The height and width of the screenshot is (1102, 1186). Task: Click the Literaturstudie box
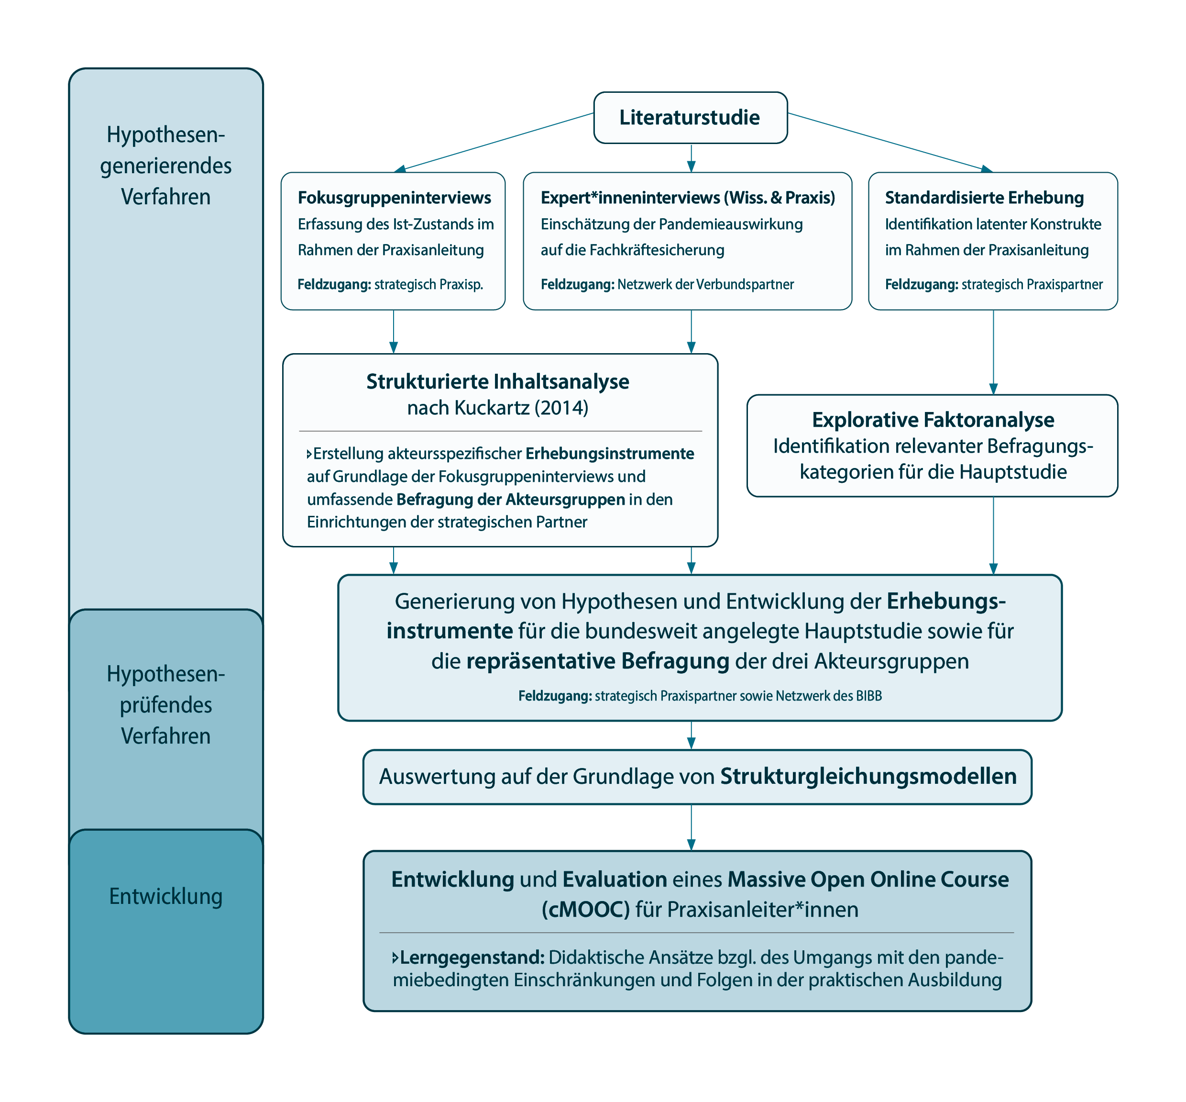[690, 118]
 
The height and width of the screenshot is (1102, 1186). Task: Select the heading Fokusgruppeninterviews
[394, 197]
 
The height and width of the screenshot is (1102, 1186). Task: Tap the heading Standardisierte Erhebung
[984, 197]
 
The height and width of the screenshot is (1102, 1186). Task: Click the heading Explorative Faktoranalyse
[933, 420]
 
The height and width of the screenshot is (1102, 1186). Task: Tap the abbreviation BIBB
[869, 696]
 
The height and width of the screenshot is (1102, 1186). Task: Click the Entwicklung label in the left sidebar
[165, 896]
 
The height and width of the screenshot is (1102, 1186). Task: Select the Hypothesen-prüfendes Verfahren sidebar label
[165, 705]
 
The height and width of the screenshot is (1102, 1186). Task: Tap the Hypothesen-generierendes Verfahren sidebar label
[165, 166]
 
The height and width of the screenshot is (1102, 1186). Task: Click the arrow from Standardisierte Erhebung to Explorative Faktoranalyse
[993, 352]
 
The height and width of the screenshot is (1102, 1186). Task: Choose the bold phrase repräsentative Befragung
[597, 661]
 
